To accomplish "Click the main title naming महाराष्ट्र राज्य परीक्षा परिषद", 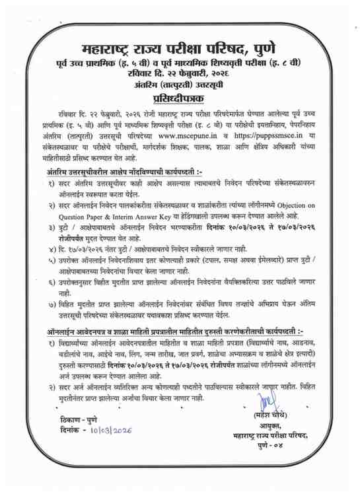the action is pyautogui.click(x=180, y=49).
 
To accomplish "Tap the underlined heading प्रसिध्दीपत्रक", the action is pyautogui.click(x=180, y=100).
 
